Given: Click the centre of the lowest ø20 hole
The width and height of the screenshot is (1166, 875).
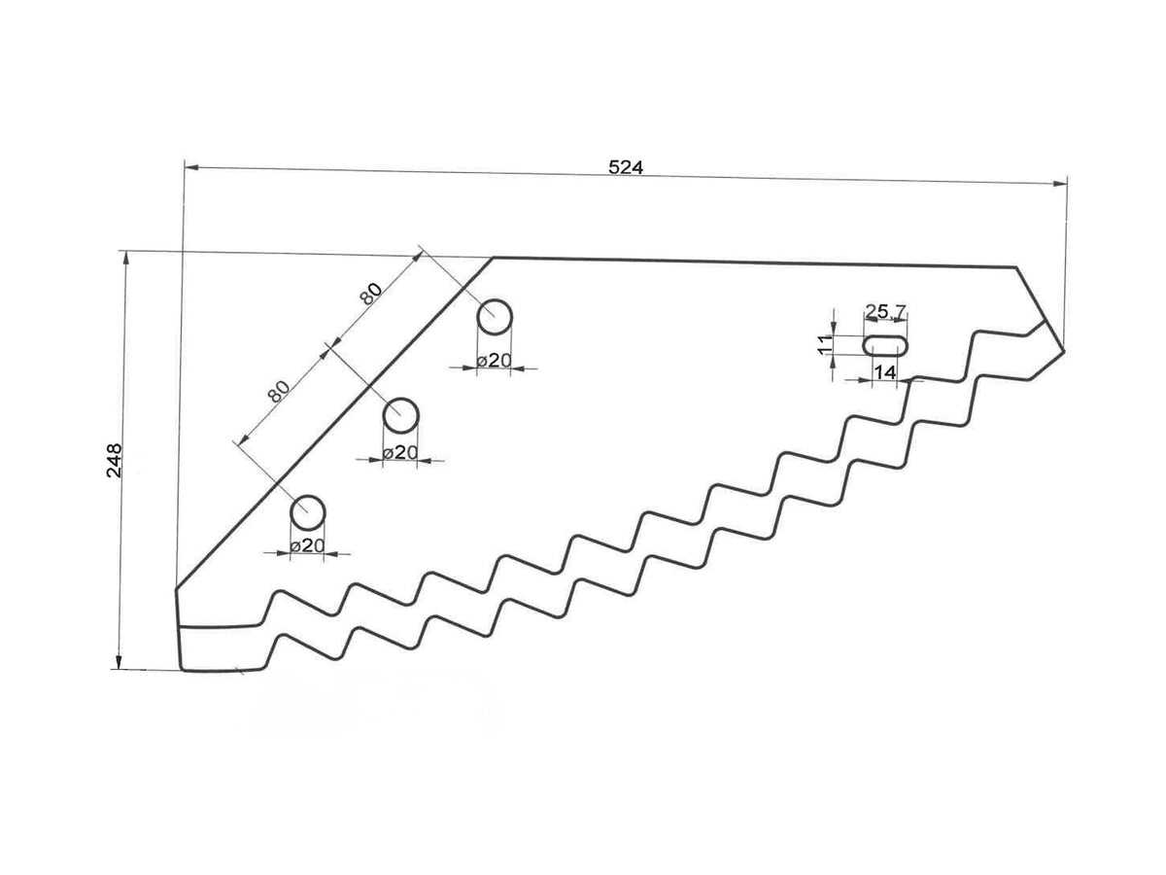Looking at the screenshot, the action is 308,512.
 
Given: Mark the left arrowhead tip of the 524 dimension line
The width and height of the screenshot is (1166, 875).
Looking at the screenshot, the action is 184,167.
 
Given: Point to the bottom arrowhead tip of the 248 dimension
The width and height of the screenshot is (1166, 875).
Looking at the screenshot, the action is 118,670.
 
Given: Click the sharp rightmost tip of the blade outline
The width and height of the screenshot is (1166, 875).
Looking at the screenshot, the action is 1064,350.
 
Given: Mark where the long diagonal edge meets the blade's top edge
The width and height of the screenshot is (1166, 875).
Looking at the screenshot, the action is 493,259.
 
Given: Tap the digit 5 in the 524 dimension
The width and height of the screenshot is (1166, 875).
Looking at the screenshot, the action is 614,167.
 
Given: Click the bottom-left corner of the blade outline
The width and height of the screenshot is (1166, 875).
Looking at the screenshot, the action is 183,671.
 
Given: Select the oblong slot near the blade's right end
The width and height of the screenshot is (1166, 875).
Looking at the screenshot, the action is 885,346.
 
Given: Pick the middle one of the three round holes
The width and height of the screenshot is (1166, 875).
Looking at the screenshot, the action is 401,415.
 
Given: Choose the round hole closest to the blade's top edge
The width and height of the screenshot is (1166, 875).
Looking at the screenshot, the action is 495,317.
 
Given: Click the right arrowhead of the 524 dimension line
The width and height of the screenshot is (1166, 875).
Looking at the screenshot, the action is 1060,184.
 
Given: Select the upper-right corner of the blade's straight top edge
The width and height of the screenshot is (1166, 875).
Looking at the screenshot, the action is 1016,267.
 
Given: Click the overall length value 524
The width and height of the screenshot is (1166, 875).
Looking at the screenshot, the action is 626,167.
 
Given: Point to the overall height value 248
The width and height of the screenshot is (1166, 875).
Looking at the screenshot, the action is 115,460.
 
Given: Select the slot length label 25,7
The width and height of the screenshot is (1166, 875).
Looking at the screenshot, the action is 885,311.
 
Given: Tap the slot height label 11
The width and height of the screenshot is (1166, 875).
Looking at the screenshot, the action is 824,345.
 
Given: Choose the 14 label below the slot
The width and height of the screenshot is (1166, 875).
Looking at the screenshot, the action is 885,372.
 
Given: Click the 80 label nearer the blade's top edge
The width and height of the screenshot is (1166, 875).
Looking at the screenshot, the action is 370,294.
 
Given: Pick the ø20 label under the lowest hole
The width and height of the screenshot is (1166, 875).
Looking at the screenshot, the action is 307,545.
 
